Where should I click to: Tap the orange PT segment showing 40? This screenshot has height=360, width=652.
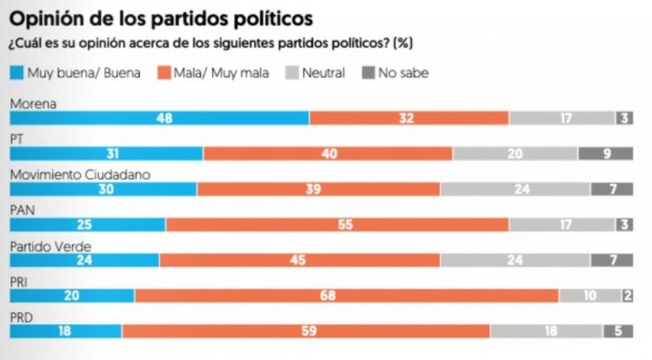(328, 154)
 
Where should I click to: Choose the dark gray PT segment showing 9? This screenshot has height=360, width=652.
(606, 154)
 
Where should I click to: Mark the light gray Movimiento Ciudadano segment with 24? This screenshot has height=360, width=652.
(515, 189)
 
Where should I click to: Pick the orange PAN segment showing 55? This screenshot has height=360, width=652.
(337, 224)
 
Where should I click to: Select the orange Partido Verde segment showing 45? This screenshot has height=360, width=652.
(300, 260)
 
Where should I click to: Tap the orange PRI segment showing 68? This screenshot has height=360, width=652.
(346, 296)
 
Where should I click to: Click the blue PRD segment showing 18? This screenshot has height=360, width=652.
(65, 331)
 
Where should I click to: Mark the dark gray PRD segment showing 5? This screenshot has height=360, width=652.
(618, 331)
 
